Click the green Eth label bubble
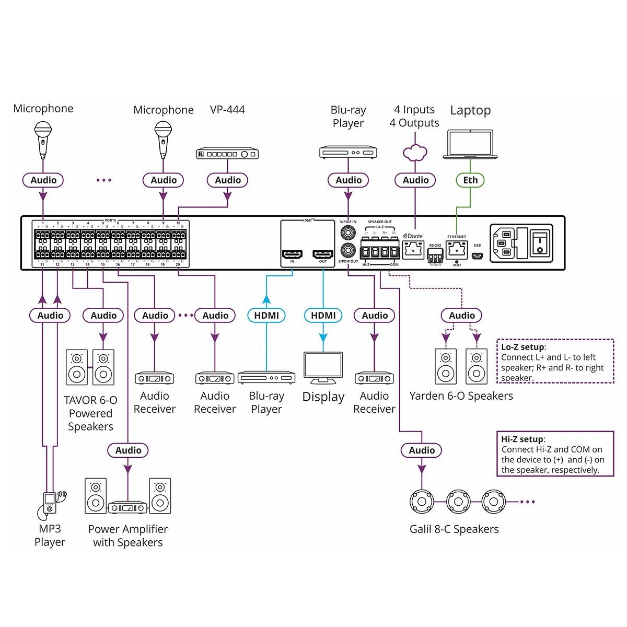470,180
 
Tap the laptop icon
470,144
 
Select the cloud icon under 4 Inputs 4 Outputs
415,153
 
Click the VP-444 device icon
227,154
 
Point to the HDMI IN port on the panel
292,254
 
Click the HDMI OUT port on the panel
323,254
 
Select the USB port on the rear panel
477,256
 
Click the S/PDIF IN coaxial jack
348,233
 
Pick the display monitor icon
323,369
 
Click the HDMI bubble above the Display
323,316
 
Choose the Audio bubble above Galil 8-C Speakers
422,450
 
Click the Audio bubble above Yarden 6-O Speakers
462,316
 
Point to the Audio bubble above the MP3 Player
50,316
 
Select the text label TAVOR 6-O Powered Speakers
90,413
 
